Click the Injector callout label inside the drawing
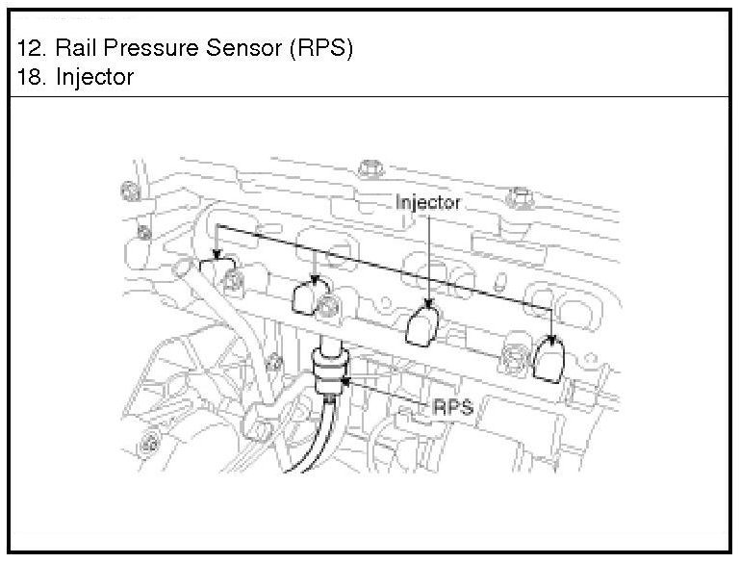[x=428, y=203]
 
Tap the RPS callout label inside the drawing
[x=453, y=407]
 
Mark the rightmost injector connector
[x=548, y=359]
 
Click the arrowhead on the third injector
[x=427, y=307]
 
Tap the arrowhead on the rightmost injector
[x=551, y=339]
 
